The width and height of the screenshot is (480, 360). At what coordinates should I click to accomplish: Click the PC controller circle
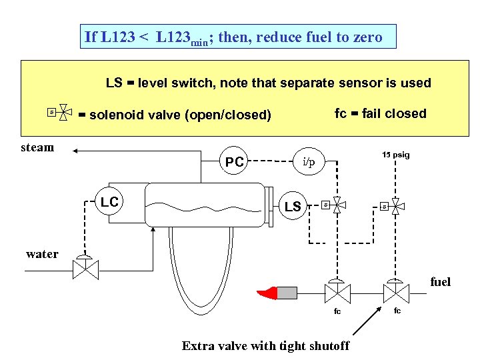pyautogui.click(x=234, y=161)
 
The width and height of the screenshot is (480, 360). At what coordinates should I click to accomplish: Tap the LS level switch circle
pyautogui.click(x=293, y=207)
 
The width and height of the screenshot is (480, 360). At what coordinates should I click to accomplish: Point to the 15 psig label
pyautogui.click(x=396, y=155)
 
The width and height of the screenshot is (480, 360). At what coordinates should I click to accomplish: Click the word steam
pyautogui.click(x=38, y=148)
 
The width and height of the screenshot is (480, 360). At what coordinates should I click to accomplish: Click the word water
pyautogui.click(x=42, y=253)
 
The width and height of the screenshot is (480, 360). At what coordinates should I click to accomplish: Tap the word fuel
pyautogui.click(x=440, y=282)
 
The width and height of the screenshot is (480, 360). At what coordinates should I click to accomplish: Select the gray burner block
pyautogui.click(x=287, y=292)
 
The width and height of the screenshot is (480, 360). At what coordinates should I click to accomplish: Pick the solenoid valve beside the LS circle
pyautogui.click(x=336, y=205)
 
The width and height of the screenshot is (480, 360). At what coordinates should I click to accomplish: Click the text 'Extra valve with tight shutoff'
pyautogui.click(x=265, y=345)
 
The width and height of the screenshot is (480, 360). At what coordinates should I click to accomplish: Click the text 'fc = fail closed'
pyautogui.click(x=380, y=113)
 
